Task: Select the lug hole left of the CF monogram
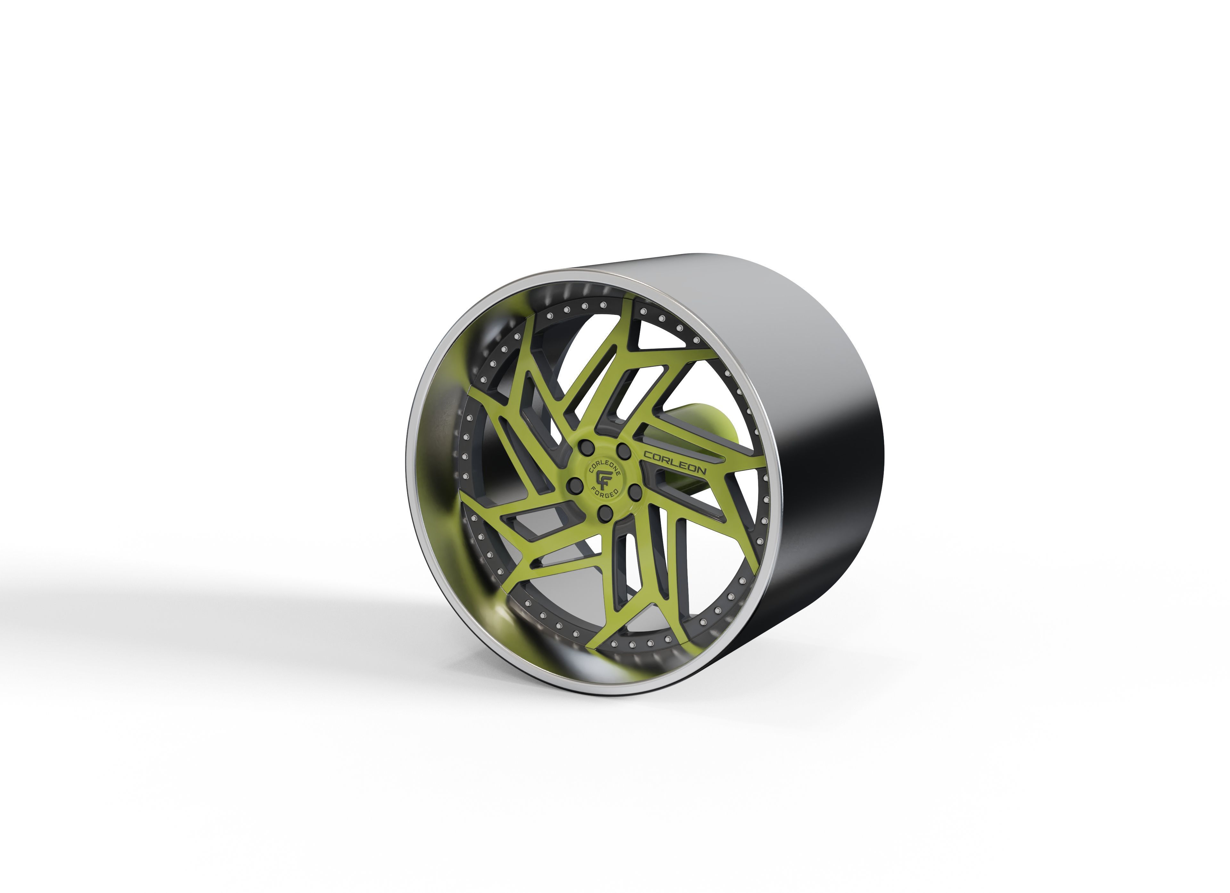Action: tap(577, 483)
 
